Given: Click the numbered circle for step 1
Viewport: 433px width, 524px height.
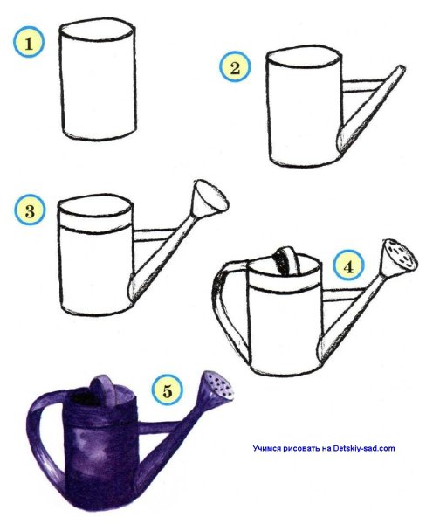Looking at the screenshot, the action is pyautogui.click(x=29, y=43).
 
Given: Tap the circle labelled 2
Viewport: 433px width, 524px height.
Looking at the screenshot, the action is pyautogui.click(x=235, y=67).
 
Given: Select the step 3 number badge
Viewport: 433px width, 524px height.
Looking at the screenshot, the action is pyautogui.click(x=30, y=210).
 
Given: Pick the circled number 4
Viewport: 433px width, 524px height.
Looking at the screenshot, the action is pyautogui.click(x=348, y=266).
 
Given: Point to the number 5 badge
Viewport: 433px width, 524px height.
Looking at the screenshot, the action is pyautogui.click(x=167, y=390).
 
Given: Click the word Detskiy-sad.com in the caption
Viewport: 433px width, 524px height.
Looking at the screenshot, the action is pyautogui.click(x=364, y=448).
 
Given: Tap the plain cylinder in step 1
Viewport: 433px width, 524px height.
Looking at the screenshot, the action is pyautogui.click(x=98, y=79).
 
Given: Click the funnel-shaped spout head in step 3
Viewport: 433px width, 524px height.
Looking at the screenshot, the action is pyautogui.click(x=210, y=199).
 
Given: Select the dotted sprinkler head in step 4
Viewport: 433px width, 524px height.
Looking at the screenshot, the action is pyautogui.click(x=399, y=259).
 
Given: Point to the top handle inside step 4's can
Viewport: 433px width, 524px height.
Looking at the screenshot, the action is pyautogui.click(x=286, y=260).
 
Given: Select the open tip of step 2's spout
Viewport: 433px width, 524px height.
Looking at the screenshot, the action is pyautogui.click(x=400, y=69).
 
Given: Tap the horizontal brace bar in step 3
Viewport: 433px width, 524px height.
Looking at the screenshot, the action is pyautogui.click(x=154, y=235).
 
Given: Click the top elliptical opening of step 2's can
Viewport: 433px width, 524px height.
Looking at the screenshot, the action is pyautogui.click(x=304, y=56).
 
